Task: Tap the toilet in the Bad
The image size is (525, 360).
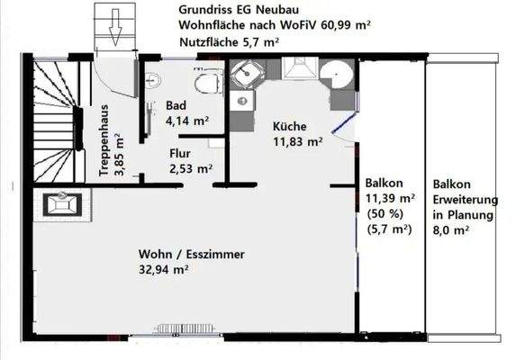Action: click(x=211, y=83)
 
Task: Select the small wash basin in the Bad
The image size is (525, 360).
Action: click(x=151, y=78)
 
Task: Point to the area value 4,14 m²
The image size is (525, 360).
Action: click(x=187, y=120)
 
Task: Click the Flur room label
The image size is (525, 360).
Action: click(x=180, y=153)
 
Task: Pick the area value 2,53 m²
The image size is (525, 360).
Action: click(x=191, y=167)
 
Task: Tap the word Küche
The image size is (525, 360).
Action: click(x=290, y=127)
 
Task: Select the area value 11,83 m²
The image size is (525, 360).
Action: click(x=298, y=141)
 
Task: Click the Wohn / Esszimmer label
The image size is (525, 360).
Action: click(x=192, y=255)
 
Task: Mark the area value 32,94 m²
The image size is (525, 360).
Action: click(x=163, y=269)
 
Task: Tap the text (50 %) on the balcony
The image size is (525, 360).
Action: click(x=385, y=213)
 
